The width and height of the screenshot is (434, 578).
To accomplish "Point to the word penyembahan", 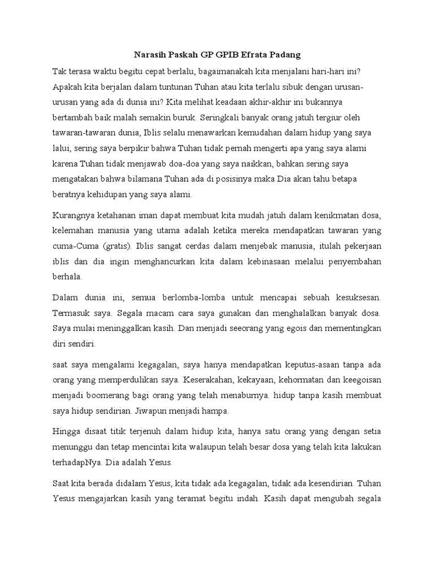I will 355,262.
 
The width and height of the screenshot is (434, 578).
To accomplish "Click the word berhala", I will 67,278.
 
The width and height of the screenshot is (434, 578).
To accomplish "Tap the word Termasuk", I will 70,312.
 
